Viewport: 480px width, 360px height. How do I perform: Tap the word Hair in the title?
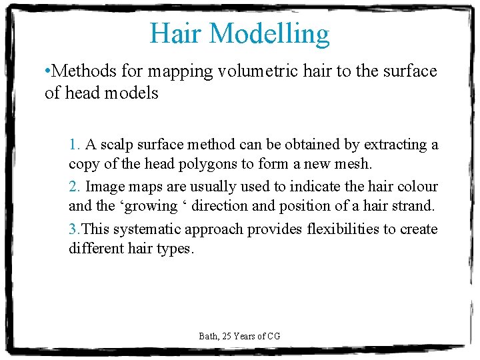click(x=173, y=34)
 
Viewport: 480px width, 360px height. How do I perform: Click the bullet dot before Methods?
click(x=47, y=71)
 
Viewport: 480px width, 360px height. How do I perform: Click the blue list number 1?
click(x=73, y=145)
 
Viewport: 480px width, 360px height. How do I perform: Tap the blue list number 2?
click(x=73, y=187)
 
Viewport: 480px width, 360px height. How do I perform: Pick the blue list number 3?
click(x=73, y=229)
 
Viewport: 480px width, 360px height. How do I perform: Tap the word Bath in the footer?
click(x=207, y=336)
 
